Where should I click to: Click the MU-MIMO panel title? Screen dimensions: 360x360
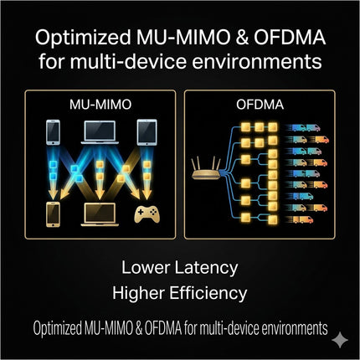tap(100, 105)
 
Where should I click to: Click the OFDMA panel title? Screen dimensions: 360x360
tap(260, 105)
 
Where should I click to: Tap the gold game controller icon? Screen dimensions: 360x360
tap(147, 214)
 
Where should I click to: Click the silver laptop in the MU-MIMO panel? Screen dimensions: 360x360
tap(100, 132)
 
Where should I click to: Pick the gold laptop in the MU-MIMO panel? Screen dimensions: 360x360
tap(100, 214)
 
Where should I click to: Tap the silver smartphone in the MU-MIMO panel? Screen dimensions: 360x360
tap(53, 132)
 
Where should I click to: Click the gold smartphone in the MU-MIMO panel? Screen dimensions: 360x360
tap(53, 214)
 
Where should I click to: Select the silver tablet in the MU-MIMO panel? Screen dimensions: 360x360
tap(147, 132)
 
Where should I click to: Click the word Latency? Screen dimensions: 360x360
tap(206, 268)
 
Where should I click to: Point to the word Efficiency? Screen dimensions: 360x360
tap(208, 293)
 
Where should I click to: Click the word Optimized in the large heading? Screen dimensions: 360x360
tap(83, 38)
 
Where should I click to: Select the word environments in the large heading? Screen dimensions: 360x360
tap(257, 62)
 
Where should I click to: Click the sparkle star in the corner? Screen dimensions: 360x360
tap(340, 340)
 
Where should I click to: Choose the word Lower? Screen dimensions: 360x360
tap(146, 267)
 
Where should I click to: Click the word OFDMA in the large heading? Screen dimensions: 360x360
tap(290, 38)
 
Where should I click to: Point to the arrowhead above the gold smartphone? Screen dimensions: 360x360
tap(53, 195)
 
